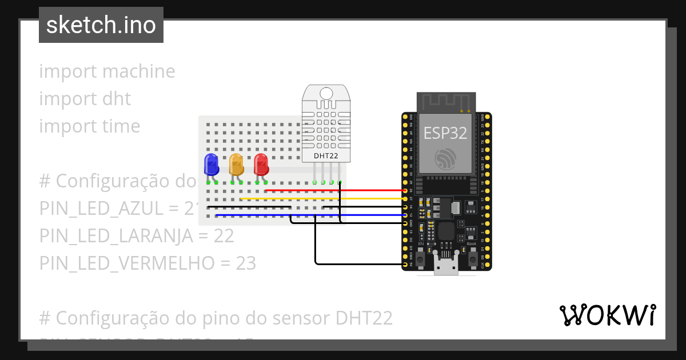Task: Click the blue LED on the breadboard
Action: [211, 165]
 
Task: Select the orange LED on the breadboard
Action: [236, 165]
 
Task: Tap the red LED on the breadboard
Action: [261, 165]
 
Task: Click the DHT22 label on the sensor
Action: [326, 155]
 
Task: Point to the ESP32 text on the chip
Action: [445, 133]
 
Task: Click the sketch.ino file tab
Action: [101, 25]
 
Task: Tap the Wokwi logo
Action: [607, 315]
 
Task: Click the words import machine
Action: [107, 71]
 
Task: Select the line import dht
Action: [85, 99]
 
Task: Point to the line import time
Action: [89, 126]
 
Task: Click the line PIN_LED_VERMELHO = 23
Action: [147, 263]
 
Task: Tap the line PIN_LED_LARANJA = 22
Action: [137, 236]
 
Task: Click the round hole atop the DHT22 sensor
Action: [326, 93]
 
